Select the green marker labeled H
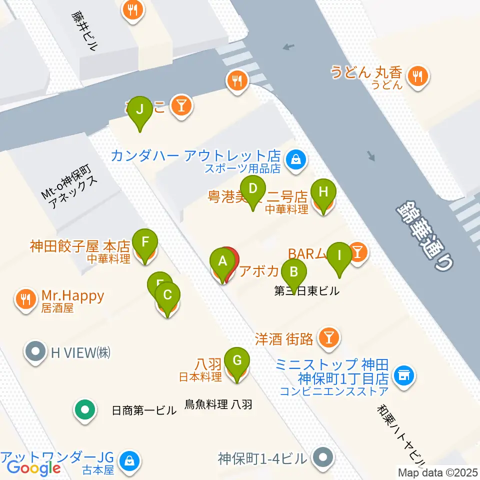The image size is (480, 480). click(x=323, y=192)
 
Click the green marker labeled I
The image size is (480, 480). click(x=339, y=256)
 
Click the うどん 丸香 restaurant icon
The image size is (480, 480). click(x=416, y=76)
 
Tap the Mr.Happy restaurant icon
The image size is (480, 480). click(x=25, y=299)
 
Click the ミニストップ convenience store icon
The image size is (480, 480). click(x=403, y=373)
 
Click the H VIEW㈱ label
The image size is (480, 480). click(x=80, y=352)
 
